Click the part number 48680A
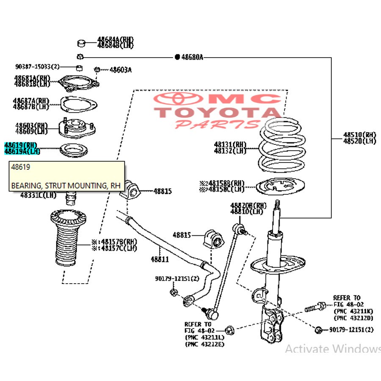click(192, 57)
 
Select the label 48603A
click(120, 69)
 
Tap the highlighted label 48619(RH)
click(20, 145)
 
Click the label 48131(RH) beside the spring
click(230, 145)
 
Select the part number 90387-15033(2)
click(37, 67)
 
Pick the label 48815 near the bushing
click(163, 191)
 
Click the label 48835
click(182, 235)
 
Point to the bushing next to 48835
click(214, 240)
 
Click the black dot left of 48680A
click(177, 57)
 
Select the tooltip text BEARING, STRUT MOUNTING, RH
click(66, 185)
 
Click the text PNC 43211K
click(353, 311)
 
